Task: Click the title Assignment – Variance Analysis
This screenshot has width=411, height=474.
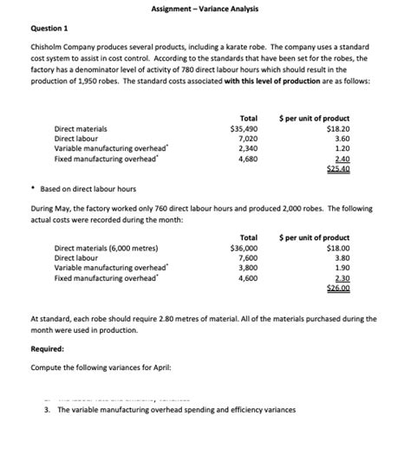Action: click(205, 9)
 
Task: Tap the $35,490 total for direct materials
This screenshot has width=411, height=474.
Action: click(244, 128)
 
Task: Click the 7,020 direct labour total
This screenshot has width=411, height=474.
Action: click(248, 138)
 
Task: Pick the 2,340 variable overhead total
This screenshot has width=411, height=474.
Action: click(248, 148)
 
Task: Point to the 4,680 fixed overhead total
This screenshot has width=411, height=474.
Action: click(248, 159)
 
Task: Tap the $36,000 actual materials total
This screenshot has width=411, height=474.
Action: click(243, 247)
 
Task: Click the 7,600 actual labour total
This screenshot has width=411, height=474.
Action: click(248, 257)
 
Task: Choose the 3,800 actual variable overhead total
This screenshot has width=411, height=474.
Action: click(248, 268)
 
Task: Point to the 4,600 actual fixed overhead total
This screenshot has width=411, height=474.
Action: click(248, 278)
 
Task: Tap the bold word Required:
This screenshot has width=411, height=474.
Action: click(48, 349)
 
